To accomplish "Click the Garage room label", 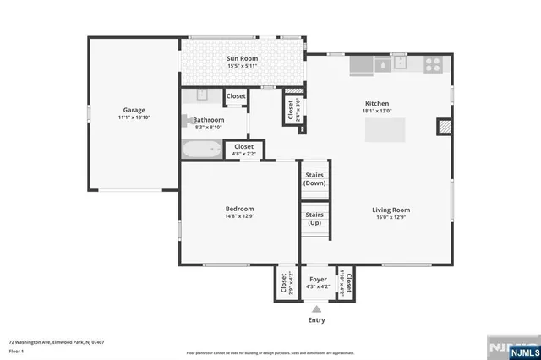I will coord(134,110).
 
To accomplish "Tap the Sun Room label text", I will coord(242,57).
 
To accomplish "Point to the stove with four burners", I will coord(433,63).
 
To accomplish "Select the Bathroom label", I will coord(208,120).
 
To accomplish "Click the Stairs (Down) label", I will coord(314,178).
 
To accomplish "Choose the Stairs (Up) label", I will coord(314,218).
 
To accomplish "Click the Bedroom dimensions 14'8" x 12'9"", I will coord(239,216).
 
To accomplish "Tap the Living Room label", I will coord(391,209).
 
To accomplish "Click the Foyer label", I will coord(318,279).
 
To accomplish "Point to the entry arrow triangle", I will coord(317,308).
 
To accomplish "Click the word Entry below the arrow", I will coord(317,321).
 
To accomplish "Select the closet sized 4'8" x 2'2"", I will coord(243,150).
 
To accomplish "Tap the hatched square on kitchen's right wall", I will coord(444,127).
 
